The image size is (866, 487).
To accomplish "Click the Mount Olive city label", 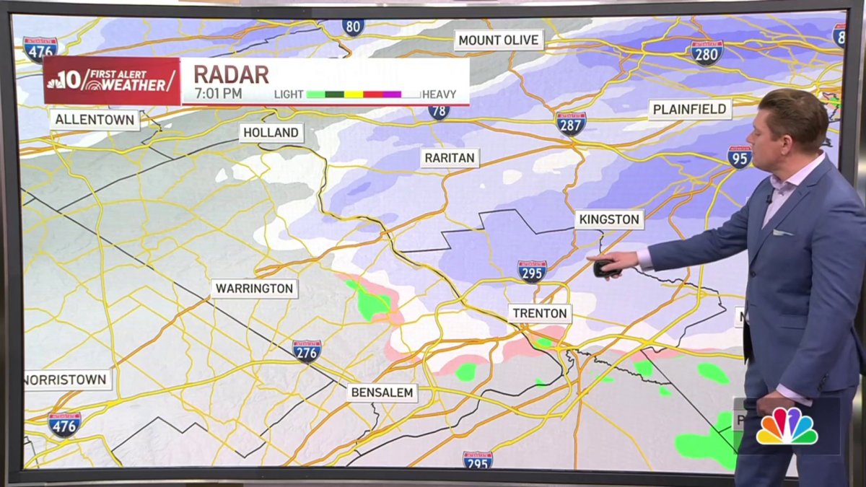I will (x=499, y=40).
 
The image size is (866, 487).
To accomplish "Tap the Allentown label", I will (x=95, y=119).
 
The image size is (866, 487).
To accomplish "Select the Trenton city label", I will (x=540, y=314).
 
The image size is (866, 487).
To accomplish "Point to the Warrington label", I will (x=255, y=289).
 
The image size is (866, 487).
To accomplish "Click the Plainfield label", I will (x=690, y=110).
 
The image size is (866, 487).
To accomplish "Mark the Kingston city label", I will (x=609, y=219).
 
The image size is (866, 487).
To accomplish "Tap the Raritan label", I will (x=450, y=158).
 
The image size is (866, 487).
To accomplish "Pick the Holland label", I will (x=271, y=133).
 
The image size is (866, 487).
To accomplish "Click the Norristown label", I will (x=67, y=379).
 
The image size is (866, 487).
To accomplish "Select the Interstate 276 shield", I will (x=307, y=351).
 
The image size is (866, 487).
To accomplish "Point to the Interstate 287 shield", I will (x=570, y=123).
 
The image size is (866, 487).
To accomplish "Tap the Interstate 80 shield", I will (x=353, y=27).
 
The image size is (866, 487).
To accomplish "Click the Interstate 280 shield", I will (x=707, y=52).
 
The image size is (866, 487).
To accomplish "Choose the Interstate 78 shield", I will (x=438, y=111).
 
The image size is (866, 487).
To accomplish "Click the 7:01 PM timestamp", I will (x=218, y=94).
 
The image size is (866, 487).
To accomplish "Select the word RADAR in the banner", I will (x=231, y=74).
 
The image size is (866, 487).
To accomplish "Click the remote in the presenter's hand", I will (x=603, y=267).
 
